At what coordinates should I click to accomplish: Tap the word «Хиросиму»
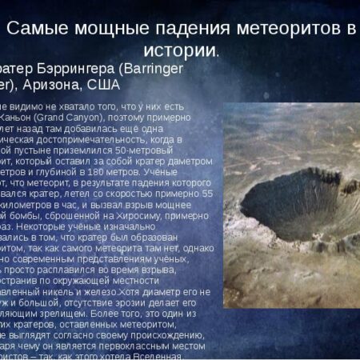160,214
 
